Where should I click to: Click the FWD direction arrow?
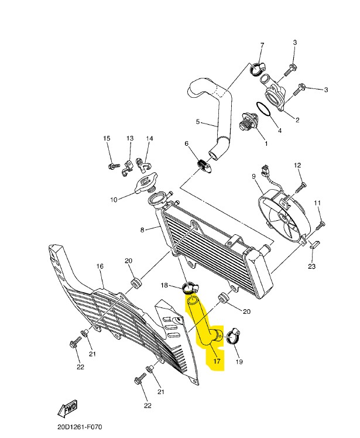[x=67, y=409]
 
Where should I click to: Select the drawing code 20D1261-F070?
[x=80, y=427]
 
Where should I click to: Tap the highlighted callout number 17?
[x=217, y=361]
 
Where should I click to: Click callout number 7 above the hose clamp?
[x=262, y=45]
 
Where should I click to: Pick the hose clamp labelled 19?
[x=233, y=337]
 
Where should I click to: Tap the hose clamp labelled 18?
[x=190, y=288]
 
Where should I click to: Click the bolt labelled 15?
[x=114, y=166]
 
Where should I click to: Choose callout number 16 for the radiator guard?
[x=100, y=266]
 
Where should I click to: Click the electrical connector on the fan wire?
[x=264, y=170]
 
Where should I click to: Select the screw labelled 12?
[x=300, y=186]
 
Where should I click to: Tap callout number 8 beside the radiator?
[x=142, y=230]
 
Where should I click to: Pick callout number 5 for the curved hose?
[x=198, y=122]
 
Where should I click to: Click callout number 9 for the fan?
[x=253, y=176]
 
